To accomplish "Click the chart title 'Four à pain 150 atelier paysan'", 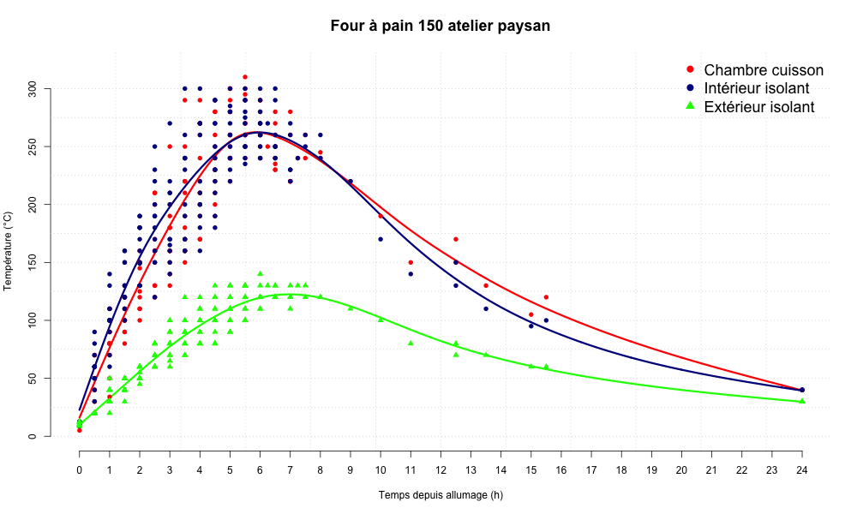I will click(x=440, y=26).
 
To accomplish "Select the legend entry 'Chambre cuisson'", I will click(x=763, y=70).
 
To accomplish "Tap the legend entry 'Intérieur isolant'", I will click(x=758, y=89).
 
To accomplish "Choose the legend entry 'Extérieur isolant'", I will click(x=758, y=107).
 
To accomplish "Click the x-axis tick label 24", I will click(x=802, y=469).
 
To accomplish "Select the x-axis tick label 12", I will click(x=440, y=469).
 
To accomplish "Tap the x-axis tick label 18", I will click(x=621, y=469).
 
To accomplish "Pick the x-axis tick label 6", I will click(x=260, y=469).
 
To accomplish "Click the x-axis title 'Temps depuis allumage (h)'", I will click(x=440, y=495).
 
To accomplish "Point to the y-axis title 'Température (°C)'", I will click(x=9, y=262).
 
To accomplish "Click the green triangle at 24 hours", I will click(x=802, y=401).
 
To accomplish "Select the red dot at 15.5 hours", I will click(x=546, y=297).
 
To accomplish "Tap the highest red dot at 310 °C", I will click(x=245, y=77).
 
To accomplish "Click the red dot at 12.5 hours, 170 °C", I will click(x=456, y=239).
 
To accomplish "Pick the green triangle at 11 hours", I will click(x=411, y=343).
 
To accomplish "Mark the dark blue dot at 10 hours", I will click(x=381, y=239).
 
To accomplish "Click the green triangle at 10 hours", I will click(x=381, y=320).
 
